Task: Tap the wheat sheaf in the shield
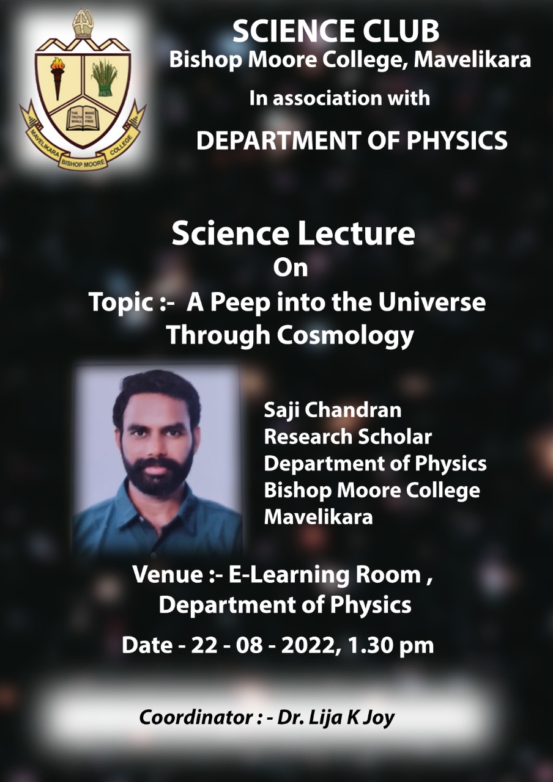(104, 78)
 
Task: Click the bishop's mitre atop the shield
(83, 23)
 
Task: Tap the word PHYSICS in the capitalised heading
(457, 141)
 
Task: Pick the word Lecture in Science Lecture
(356, 233)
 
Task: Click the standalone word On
(291, 268)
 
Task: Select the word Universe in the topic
(432, 302)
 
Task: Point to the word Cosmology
(346, 336)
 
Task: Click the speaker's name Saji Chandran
(332, 410)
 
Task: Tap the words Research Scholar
(348, 436)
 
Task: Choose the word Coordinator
(196, 718)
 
